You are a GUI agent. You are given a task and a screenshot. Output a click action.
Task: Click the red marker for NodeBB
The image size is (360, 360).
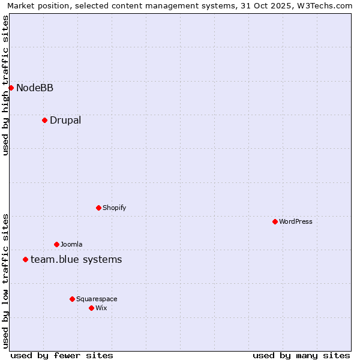pos(11,88)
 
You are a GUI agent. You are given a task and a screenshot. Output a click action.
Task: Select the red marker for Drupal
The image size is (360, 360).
pos(44,121)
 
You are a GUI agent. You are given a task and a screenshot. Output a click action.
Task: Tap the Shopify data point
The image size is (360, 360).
pos(98,208)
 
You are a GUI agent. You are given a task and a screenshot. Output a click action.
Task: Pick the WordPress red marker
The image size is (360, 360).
pos(275,222)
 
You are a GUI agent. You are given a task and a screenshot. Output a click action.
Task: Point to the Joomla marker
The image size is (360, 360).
pos(56,245)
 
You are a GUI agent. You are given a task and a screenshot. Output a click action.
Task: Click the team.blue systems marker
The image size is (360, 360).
pos(25,260)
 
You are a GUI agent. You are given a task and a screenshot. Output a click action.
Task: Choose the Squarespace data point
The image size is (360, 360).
pos(72,299)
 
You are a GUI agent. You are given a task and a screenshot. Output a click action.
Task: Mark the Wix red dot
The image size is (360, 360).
pos(91,308)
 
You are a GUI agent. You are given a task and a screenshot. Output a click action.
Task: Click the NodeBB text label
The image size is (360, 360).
pos(35,88)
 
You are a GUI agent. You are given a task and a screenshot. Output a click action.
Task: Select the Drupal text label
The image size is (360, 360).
pos(65,121)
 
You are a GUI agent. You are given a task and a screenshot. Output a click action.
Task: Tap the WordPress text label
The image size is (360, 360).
pos(296,222)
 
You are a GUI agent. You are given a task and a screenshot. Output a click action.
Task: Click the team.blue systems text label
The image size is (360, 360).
pos(76,260)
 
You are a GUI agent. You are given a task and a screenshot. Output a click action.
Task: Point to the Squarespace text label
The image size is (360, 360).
pos(97,299)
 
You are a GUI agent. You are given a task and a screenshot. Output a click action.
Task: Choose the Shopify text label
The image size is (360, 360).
pos(114,208)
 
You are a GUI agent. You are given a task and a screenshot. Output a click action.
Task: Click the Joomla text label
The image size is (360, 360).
pos(71,245)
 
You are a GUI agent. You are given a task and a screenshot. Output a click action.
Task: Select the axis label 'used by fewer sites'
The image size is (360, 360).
pos(62,355)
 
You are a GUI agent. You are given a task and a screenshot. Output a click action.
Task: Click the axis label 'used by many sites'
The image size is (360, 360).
pos(301,355)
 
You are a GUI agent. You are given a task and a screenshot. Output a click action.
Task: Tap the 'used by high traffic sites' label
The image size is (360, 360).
pos(5,85)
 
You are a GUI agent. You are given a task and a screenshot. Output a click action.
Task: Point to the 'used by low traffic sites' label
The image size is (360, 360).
pos(5,281)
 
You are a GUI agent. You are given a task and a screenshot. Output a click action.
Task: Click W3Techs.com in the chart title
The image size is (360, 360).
pos(325,5)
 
